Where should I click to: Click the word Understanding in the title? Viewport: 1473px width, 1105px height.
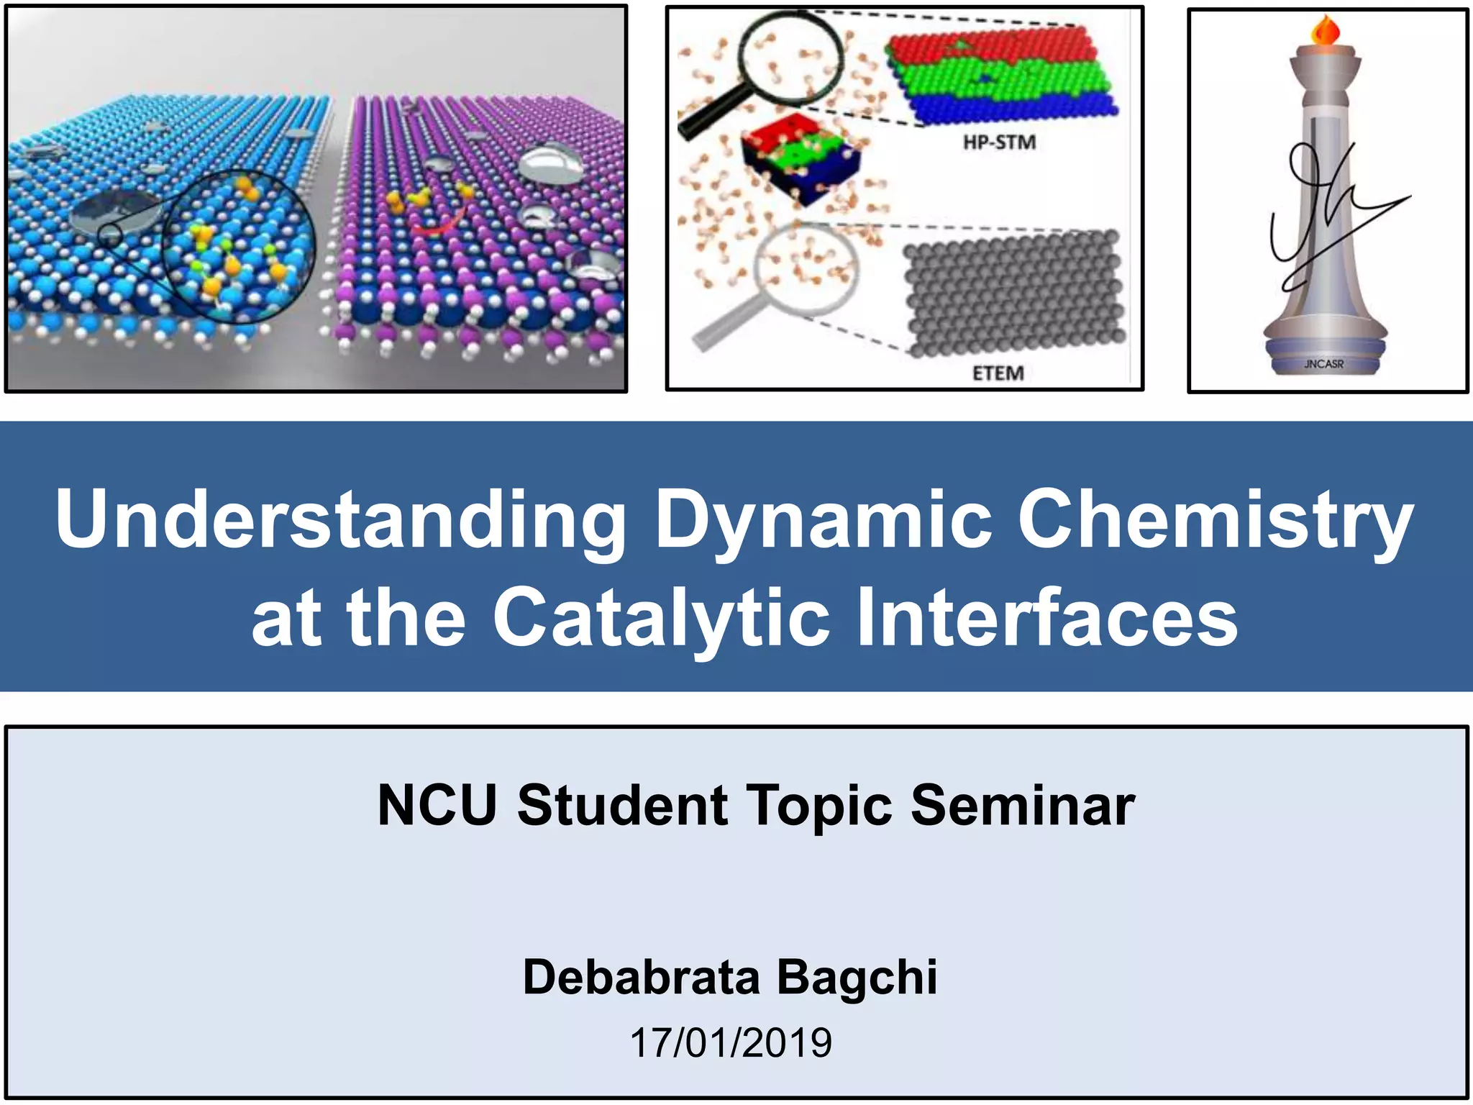[341, 519]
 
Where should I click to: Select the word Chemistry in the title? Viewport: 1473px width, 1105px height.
[1216, 519]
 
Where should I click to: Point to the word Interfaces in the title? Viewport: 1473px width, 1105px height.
[1046, 617]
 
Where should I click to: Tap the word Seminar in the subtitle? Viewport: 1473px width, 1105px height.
[1022, 805]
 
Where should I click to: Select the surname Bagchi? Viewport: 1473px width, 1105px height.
[857, 977]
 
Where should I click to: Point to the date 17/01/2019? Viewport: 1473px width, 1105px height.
[731, 1042]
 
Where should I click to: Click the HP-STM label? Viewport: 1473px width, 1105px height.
[999, 142]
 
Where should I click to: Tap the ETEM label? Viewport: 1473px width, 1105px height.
[998, 373]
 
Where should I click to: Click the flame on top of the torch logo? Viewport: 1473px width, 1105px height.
[1326, 31]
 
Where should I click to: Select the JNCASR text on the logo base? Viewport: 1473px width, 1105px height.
[1323, 364]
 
